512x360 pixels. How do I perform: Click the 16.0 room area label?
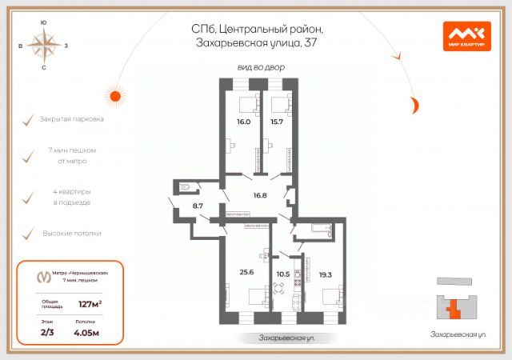click(x=244, y=122)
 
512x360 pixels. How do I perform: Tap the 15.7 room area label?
click(x=278, y=122)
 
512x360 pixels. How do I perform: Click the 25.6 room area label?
click(x=246, y=272)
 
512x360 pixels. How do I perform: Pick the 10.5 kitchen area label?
click(x=282, y=274)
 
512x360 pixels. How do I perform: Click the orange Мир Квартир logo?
click(x=466, y=35)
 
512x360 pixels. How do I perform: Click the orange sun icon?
click(x=115, y=96)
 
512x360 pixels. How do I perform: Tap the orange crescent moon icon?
click(x=415, y=104)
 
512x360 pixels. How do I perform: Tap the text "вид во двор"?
click(x=261, y=68)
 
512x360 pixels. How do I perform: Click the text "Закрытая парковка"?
click(x=71, y=119)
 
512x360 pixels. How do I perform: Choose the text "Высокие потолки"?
click(x=71, y=234)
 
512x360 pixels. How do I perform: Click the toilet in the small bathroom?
click(x=186, y=188)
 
